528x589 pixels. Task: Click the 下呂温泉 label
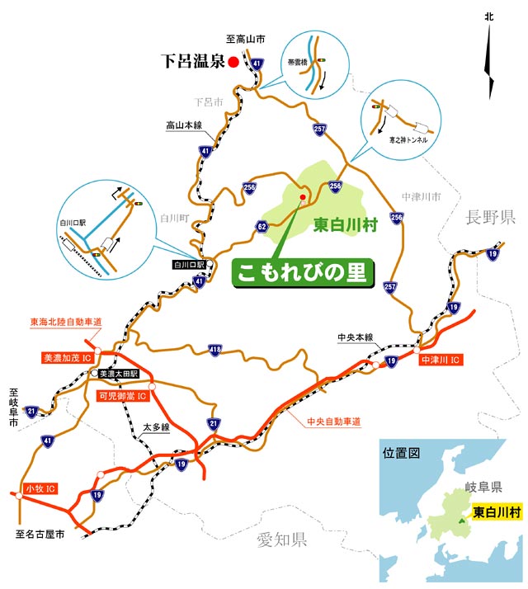point(193,61)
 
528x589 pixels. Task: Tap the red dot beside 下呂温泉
point(233,61)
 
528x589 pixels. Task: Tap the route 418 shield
point(216,351)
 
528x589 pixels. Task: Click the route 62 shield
point(262,225)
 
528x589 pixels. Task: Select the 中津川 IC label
point(441,360)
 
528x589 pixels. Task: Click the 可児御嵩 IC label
point(122,396)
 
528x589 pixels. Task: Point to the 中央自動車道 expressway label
point(334,421)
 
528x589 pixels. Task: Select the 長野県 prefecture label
point(490,218)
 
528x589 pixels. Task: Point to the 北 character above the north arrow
point(489,16)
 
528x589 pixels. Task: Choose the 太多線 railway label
point(155,427)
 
